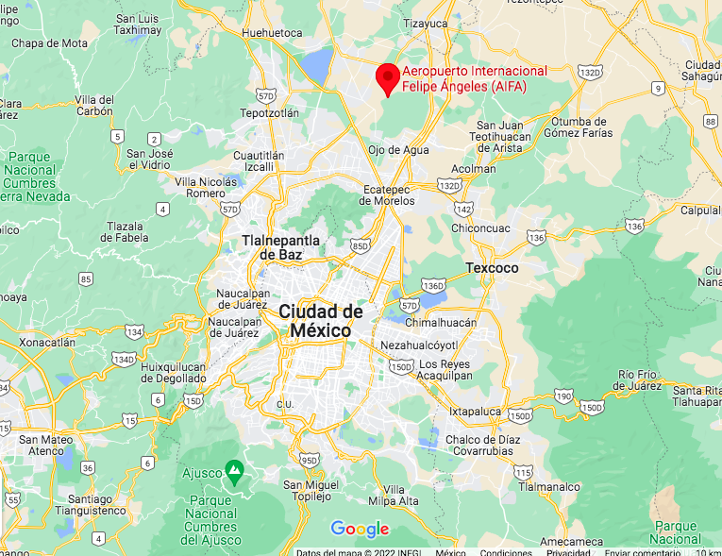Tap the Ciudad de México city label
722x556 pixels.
click(x=321, y=321)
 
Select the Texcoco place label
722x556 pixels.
click(x=492, y=268)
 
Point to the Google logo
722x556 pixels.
click(x=360, y=530)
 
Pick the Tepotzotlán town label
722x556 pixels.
click(x=269, y=112)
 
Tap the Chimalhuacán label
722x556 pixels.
click(x=441, y=323)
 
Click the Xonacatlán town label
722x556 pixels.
click(x=46, y=343)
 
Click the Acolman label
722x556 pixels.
click(x=474, y=169)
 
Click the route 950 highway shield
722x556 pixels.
click(x=308, y=460)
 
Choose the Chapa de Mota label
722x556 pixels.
click(x=49, y=43)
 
